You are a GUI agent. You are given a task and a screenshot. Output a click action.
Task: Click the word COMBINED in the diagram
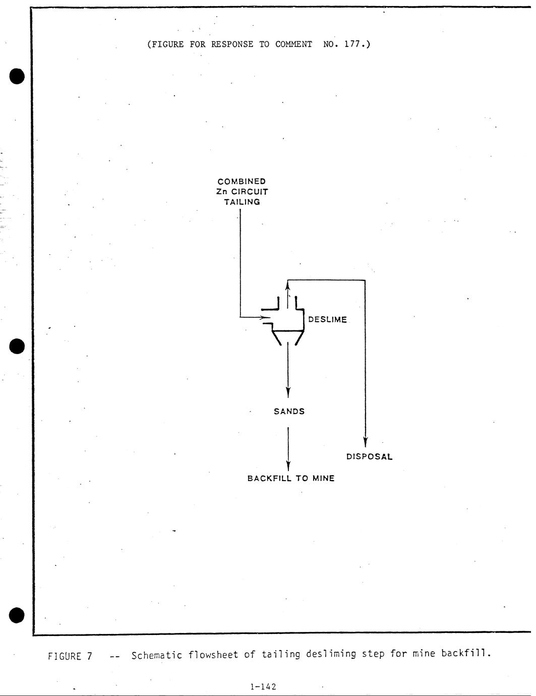242,181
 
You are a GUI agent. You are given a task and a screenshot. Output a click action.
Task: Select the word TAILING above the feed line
242,202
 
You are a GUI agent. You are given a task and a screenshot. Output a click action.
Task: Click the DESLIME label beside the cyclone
327,320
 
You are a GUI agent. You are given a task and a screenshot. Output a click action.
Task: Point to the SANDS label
289,412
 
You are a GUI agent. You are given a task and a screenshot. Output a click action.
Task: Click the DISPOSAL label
369,457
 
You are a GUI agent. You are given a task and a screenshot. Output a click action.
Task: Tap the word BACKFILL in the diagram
269,479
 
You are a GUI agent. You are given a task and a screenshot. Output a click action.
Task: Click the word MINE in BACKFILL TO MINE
323,479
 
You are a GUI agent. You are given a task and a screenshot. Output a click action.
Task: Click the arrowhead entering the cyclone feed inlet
263,318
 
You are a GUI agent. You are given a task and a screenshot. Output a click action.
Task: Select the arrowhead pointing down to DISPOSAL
365,442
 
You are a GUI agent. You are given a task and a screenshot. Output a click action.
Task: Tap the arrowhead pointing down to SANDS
288,392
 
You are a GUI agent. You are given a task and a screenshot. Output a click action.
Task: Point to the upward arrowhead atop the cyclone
287,286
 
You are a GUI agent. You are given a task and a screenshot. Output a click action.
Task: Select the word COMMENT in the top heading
293,44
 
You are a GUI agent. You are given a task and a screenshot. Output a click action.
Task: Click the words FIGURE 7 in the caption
70,656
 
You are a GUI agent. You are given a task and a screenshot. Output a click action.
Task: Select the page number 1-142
263,686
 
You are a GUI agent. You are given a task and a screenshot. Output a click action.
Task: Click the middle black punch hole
17,346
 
